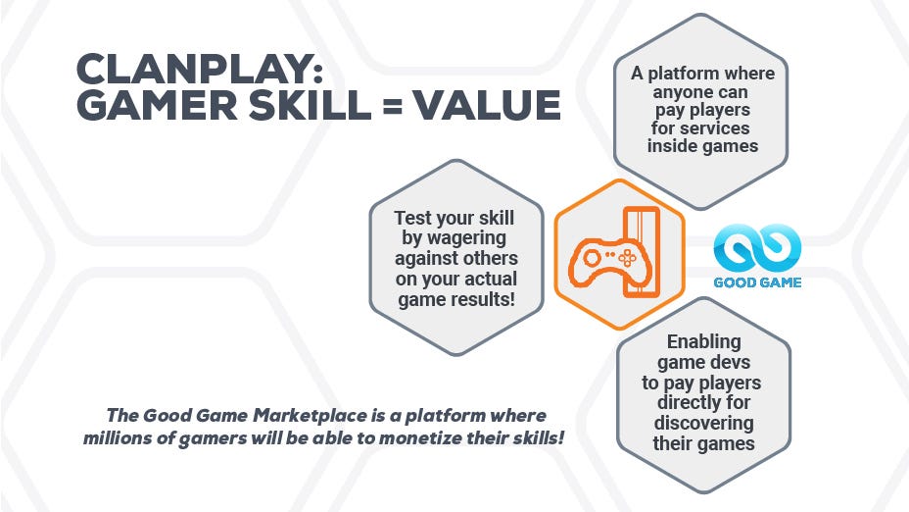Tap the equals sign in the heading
click(x=393, y=106)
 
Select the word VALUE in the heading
click(x=487, y=105)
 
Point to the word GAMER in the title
click(x=157, y=105)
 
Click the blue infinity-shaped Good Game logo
click(x=757, y=248)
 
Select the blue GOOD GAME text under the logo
click(x=757, y=282)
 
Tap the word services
click(x=717, y=128)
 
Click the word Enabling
click(x=703, y=341)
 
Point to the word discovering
click(x=703, y=423)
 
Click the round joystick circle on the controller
click(x=592, y=257)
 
